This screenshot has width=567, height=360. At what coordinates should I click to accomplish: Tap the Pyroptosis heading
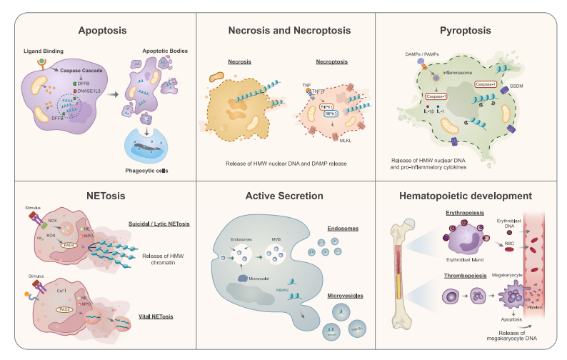[473, 31]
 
